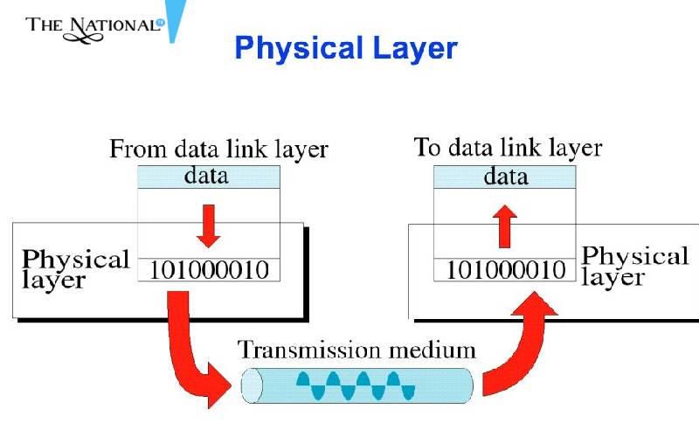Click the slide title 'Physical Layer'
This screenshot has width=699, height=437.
coord(345,47)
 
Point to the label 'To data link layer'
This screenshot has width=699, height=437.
coord(508,148)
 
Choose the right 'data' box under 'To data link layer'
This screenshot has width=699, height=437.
coord(506,177)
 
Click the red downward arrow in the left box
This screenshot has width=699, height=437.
coord(208,225)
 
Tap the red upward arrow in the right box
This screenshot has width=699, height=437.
coord(505,225)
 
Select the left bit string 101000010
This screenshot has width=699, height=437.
coord(209,270)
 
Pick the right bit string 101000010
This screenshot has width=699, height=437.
coord(506,270)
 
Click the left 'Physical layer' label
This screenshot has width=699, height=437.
coord(75,269)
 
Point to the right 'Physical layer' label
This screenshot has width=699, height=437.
coord(634,267)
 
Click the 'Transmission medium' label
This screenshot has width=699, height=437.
coord(357,350)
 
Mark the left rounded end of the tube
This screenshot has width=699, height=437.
coord(251,385)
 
